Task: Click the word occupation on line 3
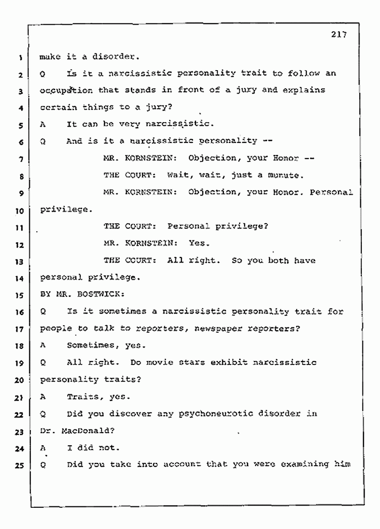tap(62, 91)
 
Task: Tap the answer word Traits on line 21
tap(83, 397)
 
